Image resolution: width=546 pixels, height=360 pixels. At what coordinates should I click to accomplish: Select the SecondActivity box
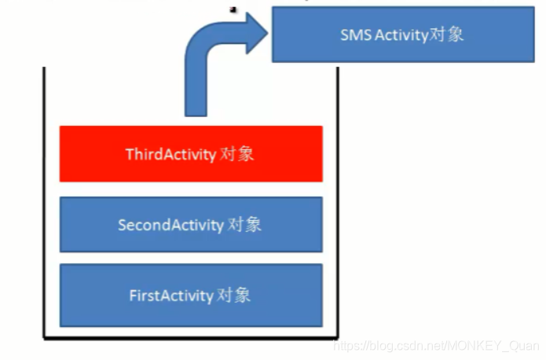point(191,225)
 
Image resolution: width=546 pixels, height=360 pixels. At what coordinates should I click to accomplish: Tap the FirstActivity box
point(191,296)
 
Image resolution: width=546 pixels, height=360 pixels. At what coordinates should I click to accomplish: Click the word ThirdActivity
point(170,154)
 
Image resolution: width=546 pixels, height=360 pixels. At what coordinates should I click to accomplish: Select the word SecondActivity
point(170,225)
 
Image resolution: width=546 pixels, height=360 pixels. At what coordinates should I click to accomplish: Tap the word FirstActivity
point(171,296)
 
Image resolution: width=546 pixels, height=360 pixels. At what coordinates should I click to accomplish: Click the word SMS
point(354,35)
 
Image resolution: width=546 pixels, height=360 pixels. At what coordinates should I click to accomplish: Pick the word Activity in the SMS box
point(403,35)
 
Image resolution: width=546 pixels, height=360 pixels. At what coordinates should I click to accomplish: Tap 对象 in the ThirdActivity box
point(237,154)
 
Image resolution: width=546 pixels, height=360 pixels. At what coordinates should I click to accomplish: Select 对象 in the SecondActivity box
point(244,225)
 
